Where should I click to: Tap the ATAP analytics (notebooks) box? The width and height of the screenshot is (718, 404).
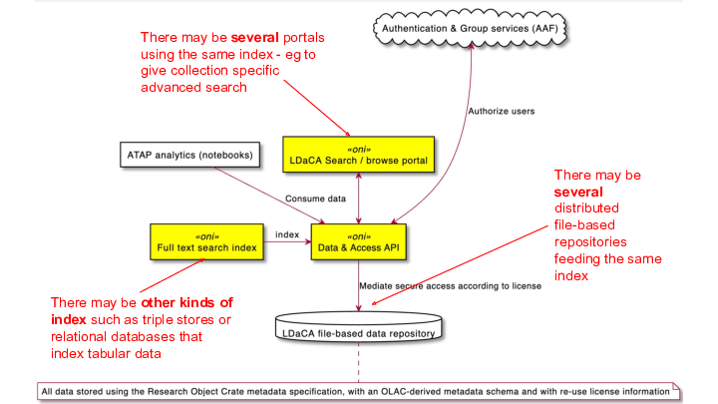point(189,156)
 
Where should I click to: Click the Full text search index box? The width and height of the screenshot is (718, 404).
point(205,241)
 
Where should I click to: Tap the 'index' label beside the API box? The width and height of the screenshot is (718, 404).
point(288,234)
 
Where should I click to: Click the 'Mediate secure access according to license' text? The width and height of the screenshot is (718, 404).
point(451,285)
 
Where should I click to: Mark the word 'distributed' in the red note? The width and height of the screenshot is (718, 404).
point(586,207)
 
